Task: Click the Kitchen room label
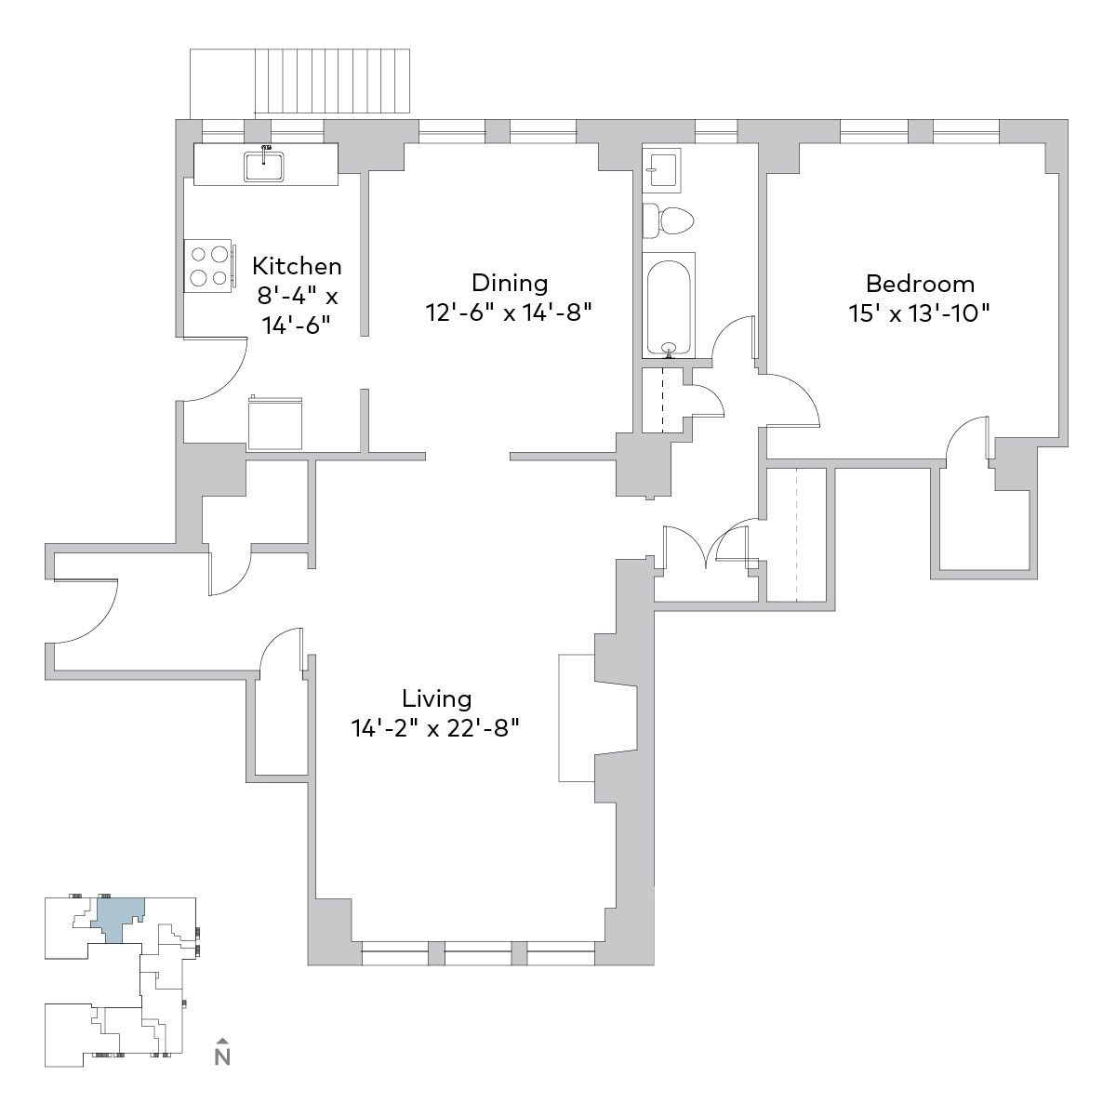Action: pyautogui.click(x=297, y=266)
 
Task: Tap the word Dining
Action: pyautogui.click(x=510, y=284)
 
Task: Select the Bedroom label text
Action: pyautogui.click(x=920, y=285)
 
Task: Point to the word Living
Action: pyautogui.click(x=437, y=699)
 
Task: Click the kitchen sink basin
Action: pyautogui.click(x=264, y=165)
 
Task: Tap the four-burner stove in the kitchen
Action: pyautogui.click(x=209, y=266)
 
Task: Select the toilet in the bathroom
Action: pyautogui.click(x=668, y=220)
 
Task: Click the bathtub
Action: pyautogui.click(x=669, y=305)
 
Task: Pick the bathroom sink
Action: pyautogui.click(x=661, y=169)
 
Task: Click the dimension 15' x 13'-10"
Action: pyautogui.click(x=920, y=314)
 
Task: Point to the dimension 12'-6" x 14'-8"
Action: pyautogui.click(x=509, y=312)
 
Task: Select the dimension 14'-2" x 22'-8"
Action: pyautogui.click(x=435, y=728)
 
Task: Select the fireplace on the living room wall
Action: pyautogui.click(x=596, y=718)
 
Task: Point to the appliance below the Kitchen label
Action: pyautogui.click(x=275, y=423)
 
